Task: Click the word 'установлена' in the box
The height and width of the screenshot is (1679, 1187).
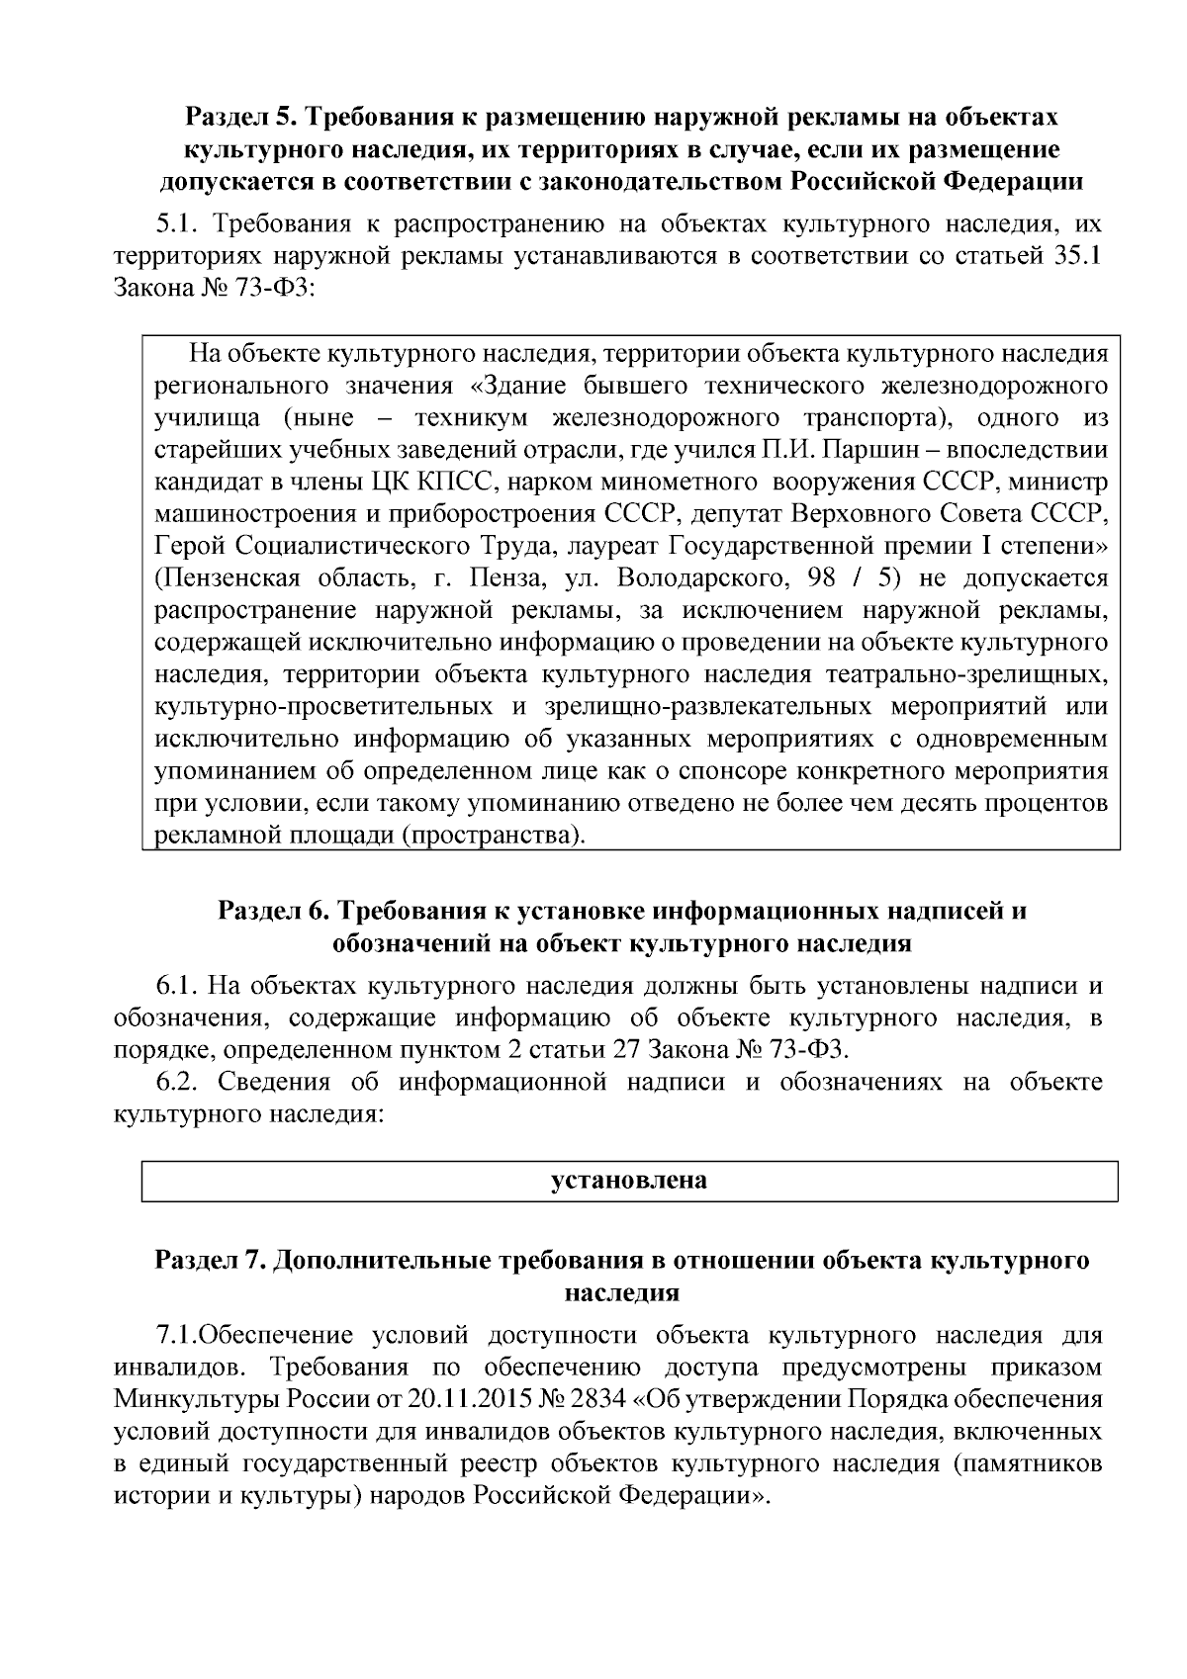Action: [629, 1180]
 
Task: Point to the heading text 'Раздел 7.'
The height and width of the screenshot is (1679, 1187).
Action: [210, 1260]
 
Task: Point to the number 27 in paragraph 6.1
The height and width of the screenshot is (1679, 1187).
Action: [631, 1049]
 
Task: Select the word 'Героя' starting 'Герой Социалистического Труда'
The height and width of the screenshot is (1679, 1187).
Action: [190, 547]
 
